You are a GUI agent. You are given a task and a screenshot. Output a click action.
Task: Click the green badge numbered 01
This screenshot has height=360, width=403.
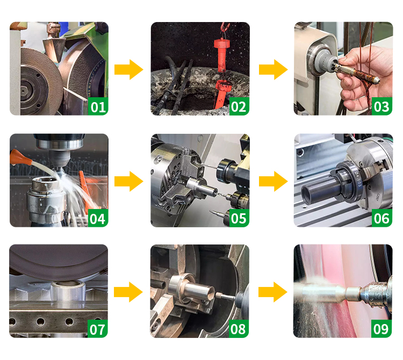98,106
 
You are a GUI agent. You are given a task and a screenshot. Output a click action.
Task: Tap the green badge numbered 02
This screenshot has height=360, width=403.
239,106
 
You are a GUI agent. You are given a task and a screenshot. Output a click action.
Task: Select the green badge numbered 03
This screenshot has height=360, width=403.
382,106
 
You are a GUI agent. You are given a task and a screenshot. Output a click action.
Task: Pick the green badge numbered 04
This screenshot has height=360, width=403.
98,218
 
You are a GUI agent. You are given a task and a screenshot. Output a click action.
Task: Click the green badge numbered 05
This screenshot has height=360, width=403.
239,218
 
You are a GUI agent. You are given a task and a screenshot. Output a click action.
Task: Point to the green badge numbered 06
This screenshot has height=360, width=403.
382,218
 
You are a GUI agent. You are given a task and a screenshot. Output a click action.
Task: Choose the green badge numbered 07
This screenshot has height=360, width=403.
98,329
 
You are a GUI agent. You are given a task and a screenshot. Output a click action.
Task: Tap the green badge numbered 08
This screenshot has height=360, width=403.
239,329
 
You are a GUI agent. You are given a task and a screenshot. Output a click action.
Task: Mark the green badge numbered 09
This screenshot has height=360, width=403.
382,329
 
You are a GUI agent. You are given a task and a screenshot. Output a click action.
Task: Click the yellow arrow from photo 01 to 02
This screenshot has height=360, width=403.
129,70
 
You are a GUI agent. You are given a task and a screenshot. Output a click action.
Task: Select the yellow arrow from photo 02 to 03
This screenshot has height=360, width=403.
273,70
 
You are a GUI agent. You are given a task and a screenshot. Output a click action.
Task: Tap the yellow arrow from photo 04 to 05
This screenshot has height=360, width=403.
129,182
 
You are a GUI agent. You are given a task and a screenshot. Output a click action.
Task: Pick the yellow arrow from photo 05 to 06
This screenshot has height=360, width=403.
273,182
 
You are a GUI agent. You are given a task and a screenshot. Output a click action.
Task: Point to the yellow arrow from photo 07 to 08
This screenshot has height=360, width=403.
128,292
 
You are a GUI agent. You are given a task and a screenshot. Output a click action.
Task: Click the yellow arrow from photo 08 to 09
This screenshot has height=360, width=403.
272,292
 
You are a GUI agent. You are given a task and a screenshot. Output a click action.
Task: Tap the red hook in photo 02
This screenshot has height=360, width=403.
225,27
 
